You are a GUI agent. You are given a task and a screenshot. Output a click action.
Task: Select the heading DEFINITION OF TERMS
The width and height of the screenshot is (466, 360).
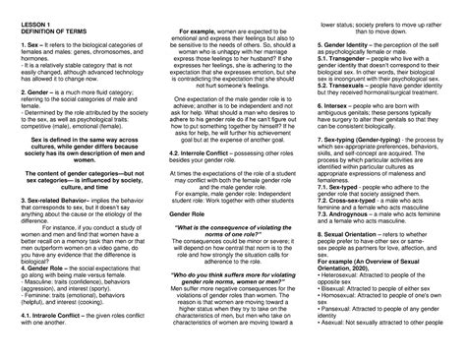click(41, 32)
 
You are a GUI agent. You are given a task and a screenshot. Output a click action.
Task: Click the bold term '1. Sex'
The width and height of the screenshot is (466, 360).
click(17, 46)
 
